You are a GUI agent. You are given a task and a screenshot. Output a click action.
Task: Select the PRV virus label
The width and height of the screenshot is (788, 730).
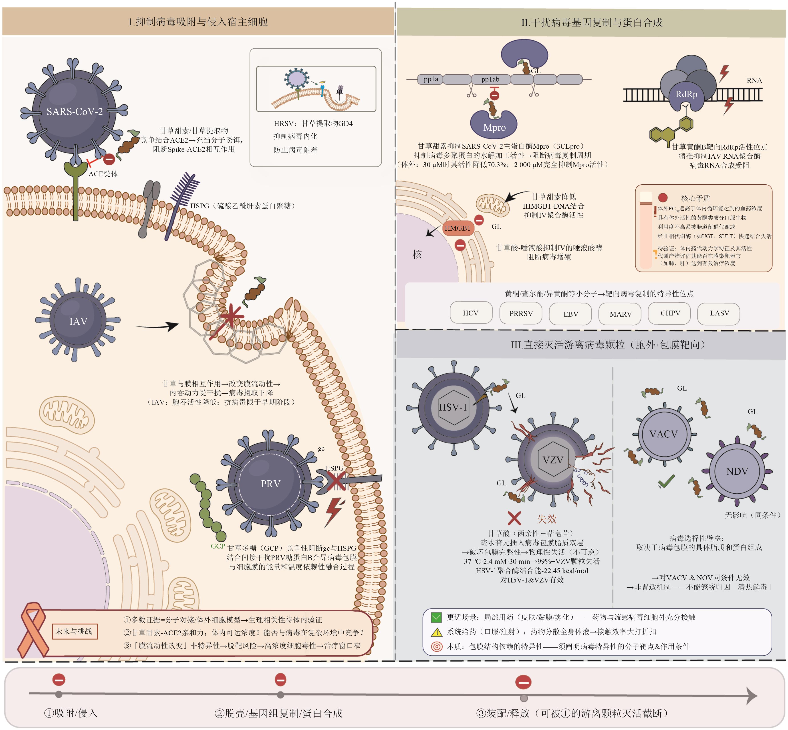[x=270, y=484]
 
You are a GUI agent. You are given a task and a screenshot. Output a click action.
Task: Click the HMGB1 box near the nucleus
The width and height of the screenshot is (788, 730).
[x=457, y=228]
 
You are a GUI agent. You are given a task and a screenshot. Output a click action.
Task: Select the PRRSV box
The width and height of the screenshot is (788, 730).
[x=521, y=313]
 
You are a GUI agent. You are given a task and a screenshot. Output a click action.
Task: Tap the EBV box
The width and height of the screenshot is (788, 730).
[x=570, y=314]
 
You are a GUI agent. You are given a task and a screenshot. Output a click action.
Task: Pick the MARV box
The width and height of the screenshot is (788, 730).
[x=620, y=314]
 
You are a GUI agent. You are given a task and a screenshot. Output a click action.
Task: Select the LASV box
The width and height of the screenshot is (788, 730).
[x=719, y=313]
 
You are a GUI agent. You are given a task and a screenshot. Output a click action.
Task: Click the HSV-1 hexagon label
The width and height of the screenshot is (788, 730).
[x=453, y=407]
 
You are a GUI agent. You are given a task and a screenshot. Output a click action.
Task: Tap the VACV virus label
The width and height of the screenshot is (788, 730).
[x=663, y=434]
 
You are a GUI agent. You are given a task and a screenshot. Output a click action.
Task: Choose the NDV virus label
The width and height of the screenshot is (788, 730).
[x=737, y=471]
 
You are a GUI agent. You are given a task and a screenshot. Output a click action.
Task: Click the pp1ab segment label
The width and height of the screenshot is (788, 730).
[x=490, y=79]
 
